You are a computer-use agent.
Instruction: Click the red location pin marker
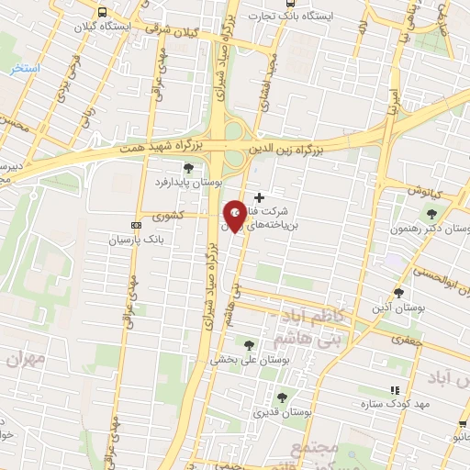tap(235, 216)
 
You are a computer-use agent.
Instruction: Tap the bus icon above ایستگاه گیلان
tap(101, 13)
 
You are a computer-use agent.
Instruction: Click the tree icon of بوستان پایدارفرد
tap(189, 167)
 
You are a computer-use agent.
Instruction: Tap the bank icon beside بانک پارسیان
tap(137, 225)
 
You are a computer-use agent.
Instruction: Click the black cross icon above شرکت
tap(260, 197)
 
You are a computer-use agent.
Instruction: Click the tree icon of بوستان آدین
tap(397, 293)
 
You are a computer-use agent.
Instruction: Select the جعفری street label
tap(401, 341)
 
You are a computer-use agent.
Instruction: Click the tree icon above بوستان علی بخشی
tap(249, 345)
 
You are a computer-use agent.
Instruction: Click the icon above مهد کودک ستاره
tap(396, 389)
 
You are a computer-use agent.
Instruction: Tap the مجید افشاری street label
tap(263, 92)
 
